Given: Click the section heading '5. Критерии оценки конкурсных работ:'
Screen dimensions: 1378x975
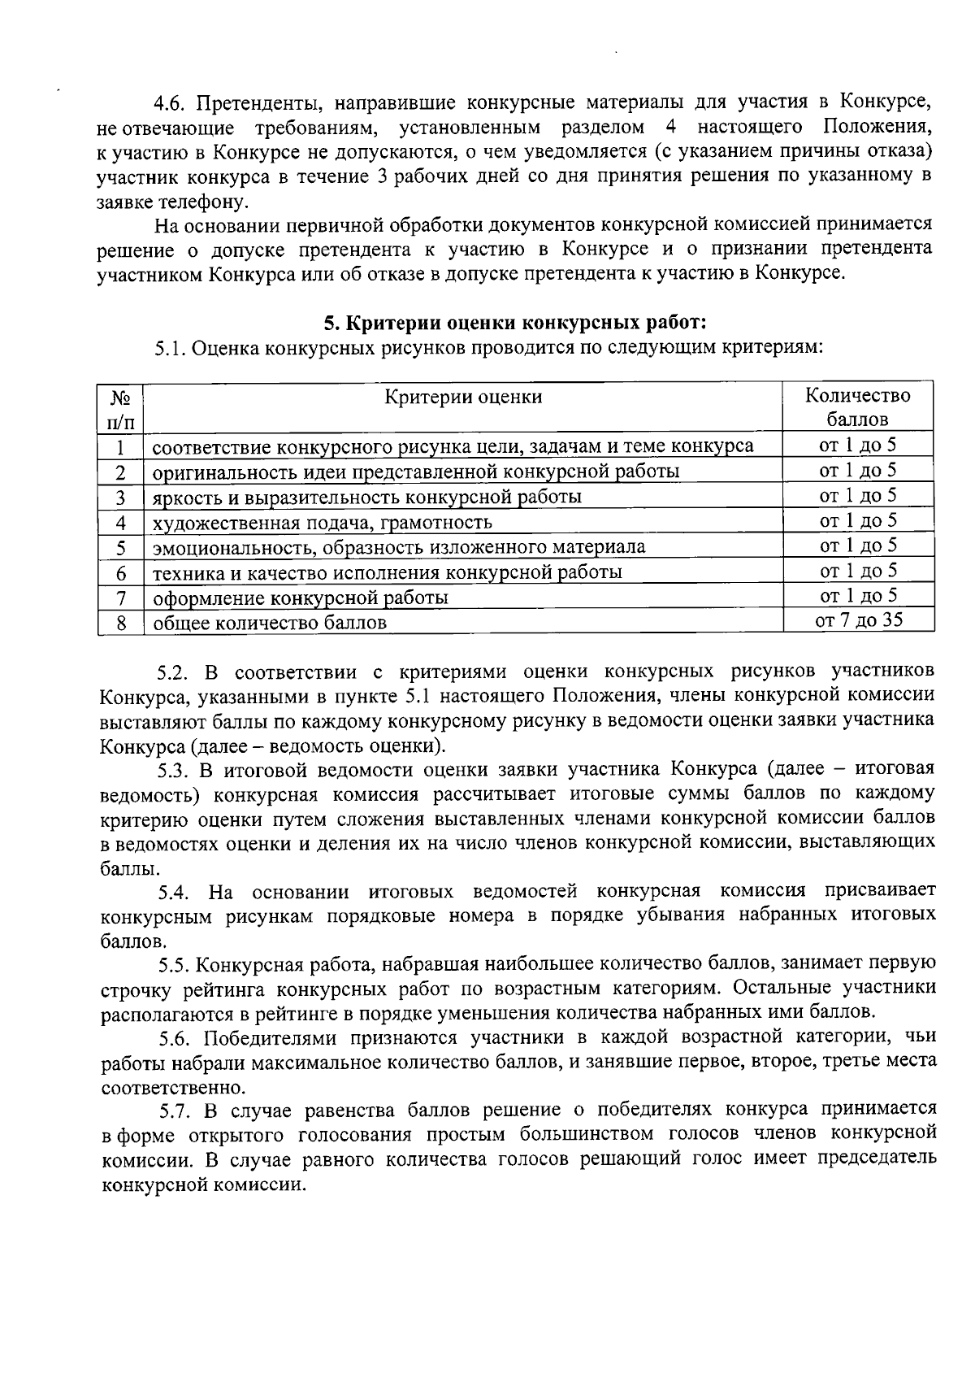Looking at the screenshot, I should (x=515, y=323).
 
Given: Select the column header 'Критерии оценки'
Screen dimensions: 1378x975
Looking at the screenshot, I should (x=463, y=397).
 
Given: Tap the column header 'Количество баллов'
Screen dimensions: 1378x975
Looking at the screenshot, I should (x=858, y=407).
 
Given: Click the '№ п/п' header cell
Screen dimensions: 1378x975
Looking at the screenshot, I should (x=120, y=409).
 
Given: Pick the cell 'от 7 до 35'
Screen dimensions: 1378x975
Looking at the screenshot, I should (x=858, y=620).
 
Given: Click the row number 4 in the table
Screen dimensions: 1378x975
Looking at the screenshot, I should (x=120, y=523).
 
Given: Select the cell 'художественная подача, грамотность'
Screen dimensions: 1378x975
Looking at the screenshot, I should (x=323, y=523).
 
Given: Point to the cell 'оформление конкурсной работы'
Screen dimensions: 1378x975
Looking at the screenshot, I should (x=301, y=598).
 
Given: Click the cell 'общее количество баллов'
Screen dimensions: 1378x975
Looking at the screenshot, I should (x=270, y=624).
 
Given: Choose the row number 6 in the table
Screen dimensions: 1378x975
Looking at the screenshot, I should (x=120, y=573).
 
